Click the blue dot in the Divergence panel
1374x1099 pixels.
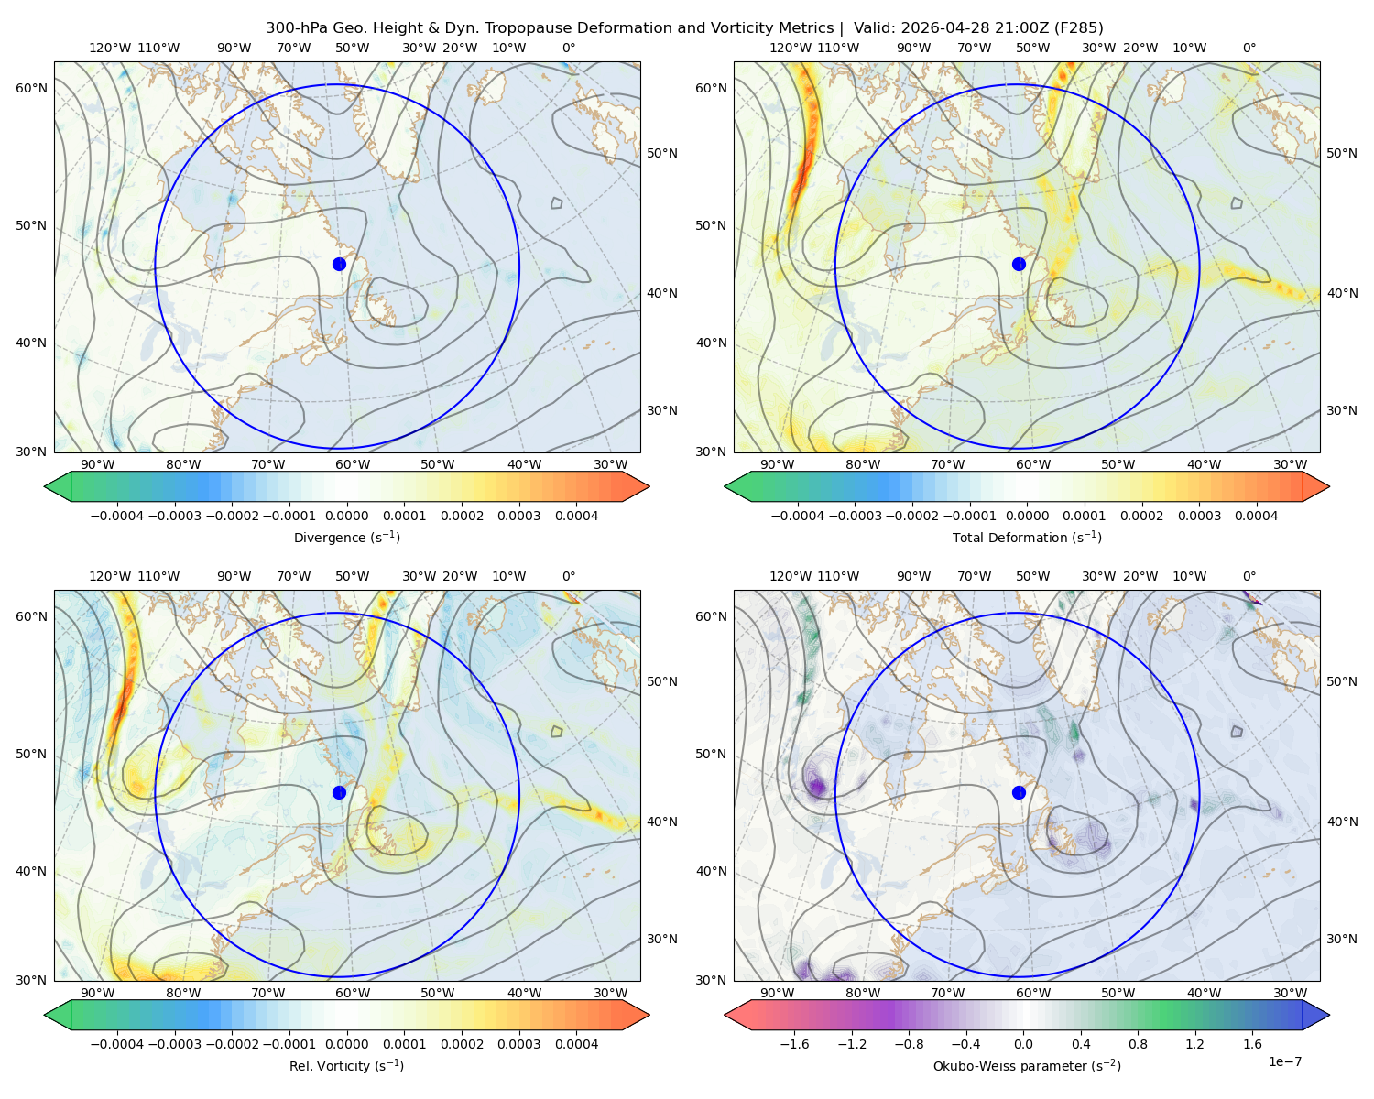click(x=339, y=264)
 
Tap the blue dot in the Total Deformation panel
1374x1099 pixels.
click(x=1019, y=264)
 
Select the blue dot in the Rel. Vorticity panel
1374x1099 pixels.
click(x=339, y=792)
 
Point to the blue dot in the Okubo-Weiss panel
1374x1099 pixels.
click(x=1019, y=792)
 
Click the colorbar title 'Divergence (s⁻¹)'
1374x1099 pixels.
click(x=346, y=537)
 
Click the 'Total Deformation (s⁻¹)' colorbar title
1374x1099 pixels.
click(x=1027, y=537)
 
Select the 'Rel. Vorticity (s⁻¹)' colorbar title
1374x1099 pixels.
click(x=346, y=1065)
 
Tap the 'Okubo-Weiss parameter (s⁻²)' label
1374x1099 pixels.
click(x=1027, y=1065)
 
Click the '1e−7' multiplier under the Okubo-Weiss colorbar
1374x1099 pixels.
click(x=1284, y=1061)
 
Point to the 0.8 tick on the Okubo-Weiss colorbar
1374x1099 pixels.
click(x=1138, y=1044)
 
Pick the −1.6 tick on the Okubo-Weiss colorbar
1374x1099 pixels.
click(x=794, y=1044)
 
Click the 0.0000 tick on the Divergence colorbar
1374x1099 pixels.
click(x=346, y=516)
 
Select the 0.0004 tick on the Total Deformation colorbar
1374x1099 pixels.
click(x=1257, y=516)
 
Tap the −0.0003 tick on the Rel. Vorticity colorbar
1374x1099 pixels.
click(x=174, y=1044)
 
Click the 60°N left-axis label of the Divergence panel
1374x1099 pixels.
click(x=31, y=88)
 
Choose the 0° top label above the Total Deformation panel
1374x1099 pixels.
click(x=1249, y=48)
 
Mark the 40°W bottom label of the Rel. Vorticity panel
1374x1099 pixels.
click(x=524, y=993)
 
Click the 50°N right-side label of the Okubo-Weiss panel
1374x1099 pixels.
click(x=1342, y=681)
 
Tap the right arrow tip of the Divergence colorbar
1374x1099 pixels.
click(x=649, y=486)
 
